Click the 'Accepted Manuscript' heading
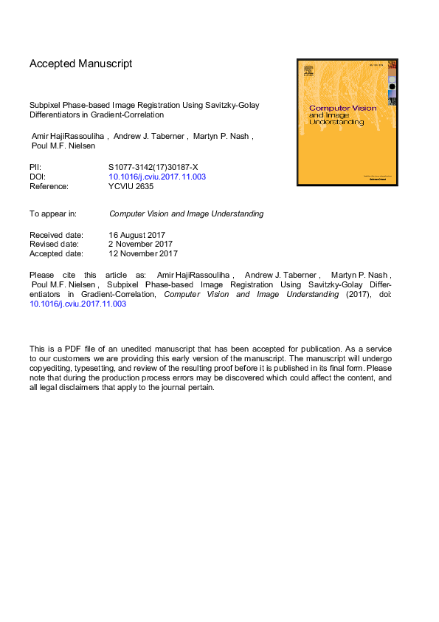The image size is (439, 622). point(81,64)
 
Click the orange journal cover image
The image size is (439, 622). point(347,122)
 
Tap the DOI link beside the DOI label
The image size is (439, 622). point(157,177)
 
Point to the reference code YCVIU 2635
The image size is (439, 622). point(131,186)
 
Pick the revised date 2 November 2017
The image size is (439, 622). point(140,244)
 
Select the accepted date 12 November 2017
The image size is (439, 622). point(143,253)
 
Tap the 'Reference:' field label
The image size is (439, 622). point(49,186)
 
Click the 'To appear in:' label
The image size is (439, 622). point(53,213)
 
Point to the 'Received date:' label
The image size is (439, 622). point(56,234)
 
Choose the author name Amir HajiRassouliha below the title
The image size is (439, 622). point(69,137)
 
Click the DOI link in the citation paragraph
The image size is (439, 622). point(77,304)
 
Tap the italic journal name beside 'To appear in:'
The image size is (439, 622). point(186,213)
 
